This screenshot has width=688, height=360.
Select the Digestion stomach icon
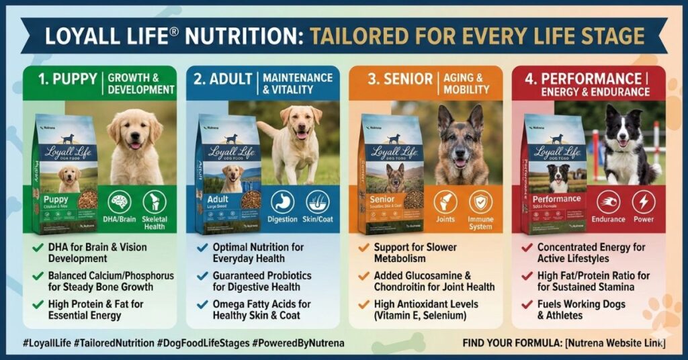(x=282, y=202)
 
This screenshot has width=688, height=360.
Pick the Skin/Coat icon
(x=318, y=202)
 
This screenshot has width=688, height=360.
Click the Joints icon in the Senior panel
(x=445, y=202)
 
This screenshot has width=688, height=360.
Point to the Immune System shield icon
(x=480, y=202)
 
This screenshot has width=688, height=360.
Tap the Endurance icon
(x=608, y=202)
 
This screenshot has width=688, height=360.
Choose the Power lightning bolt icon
(x=643, y=202)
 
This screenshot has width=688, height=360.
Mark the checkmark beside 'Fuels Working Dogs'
(x=527, y=305)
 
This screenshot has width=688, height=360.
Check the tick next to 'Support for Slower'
(x=363, y=248)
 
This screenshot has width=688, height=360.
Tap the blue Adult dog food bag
(x=228, y=175)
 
